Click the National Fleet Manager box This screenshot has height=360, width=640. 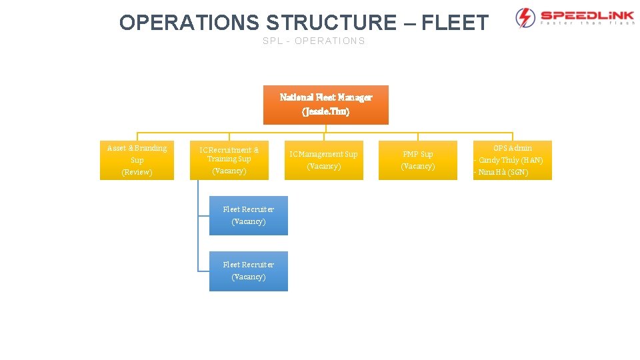tap(325, 105)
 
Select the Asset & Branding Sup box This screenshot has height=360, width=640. tap(137, 160)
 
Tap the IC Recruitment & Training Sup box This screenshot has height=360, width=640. tap(229, 160)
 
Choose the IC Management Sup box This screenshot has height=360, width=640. tap(324, 160)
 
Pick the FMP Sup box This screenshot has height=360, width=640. tap(418, 160)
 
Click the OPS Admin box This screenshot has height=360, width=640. tap(512, 160)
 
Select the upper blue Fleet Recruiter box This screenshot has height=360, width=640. tap(248, 215)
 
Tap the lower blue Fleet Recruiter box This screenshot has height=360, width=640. tap(248, 271)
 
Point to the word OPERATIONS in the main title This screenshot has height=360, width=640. tap(189, 23)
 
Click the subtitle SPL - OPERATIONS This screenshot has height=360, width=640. tap(314, 41)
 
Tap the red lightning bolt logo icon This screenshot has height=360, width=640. tap(525, 17)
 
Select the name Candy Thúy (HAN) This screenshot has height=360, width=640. tap(511, 161)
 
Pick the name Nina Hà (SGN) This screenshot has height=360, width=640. tap(503, 173)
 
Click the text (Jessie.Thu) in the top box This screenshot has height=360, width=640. tap(325, 111)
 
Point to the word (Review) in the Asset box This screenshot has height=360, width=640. tap(137, 173)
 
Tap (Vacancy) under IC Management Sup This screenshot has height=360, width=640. tap(324, 167)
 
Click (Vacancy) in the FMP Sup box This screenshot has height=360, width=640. tap(418, 167)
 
